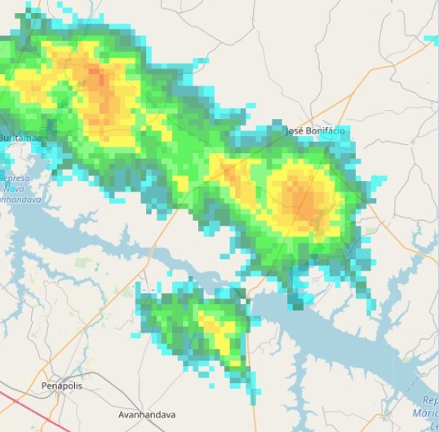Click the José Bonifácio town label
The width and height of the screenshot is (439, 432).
315,130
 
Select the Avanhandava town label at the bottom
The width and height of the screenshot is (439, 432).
147,414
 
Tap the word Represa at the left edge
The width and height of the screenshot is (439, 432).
15,177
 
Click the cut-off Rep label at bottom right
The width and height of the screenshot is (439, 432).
430,400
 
